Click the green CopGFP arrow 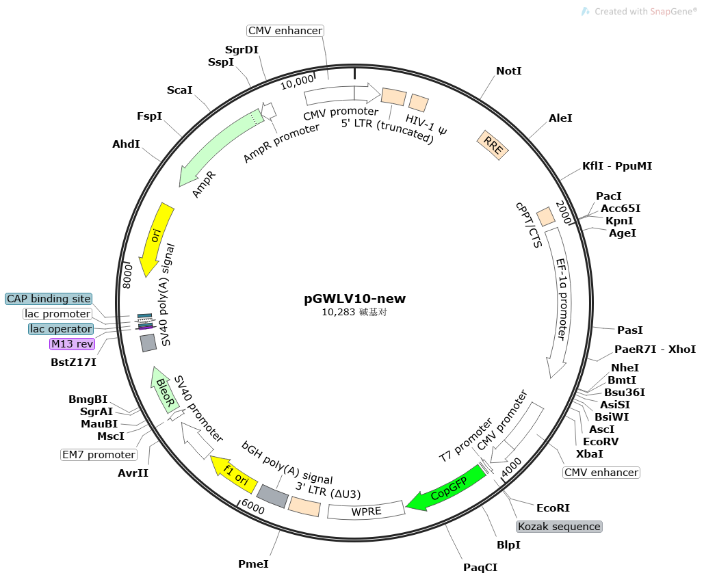pyautogui.click(x=447, y=488)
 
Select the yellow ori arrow pyautogui.click(x=155, y=239)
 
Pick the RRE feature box pyautogui.click(x=493, y=145)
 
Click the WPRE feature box pyautogui.click(x=367, y=511)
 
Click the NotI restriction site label pyautogui.click(x=509, y=71)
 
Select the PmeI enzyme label pyautogui.click(x=253, y=564)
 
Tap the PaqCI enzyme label pyautogui.click(x=480, y=568)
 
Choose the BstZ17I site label pyautogui.click(x=73, y=362)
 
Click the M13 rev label pyautogui.click(x=73, y=344)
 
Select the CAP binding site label pyautogui.click(x=49, y=299)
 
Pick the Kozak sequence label pyautogui.click(x=559, y=527)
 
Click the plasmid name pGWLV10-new pyautogui.click(x=354, y=298)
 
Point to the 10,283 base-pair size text pyautogui.click(x=354, y=312)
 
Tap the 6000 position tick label pyautogui.click(x=252, y=507)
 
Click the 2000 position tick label pyautogui.click(x=564, y=212)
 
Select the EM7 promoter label pyautogui.click(x=99, y=455)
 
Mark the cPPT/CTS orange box pyautogui.click(x=546, y=216)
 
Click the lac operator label pyautogui.click(x=61, y=329)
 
